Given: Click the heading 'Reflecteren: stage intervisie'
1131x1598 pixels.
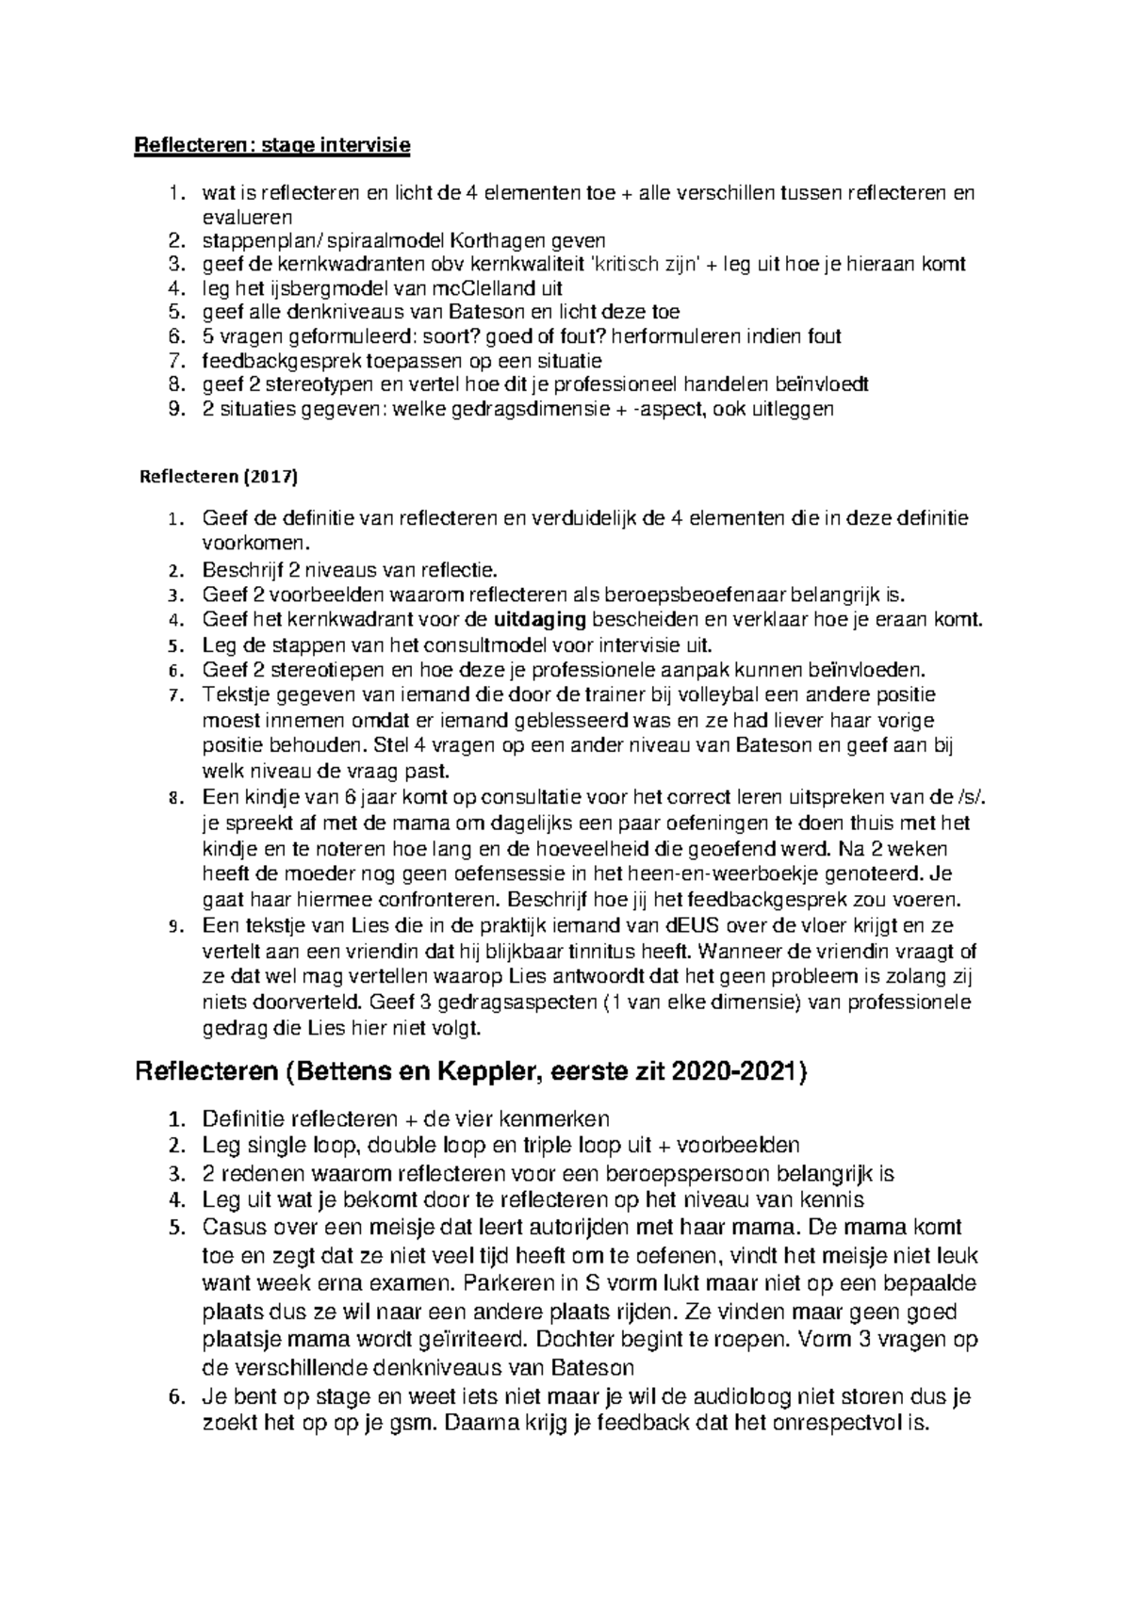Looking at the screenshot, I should [x=274, y=145].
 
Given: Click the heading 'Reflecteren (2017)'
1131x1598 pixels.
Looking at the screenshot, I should [x=218, y=476].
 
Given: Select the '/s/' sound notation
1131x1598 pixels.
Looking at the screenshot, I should [x=980, y=797].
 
